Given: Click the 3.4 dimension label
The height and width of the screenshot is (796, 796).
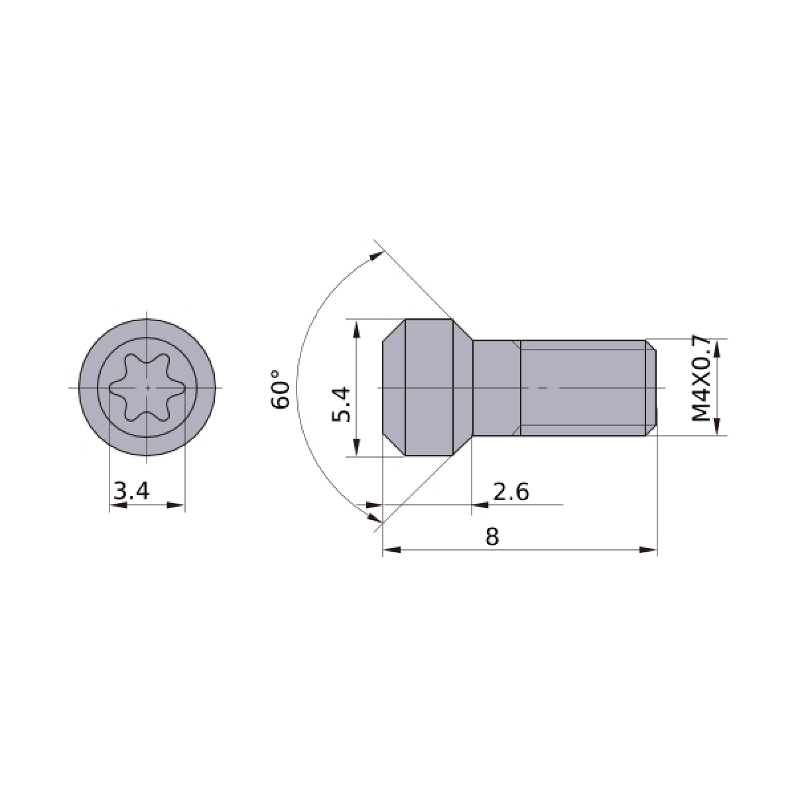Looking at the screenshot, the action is tap(131, 491).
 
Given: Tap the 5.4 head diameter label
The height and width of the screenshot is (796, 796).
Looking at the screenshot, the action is tap(341, 404).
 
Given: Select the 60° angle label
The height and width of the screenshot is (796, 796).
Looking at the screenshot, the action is tap(281, 389).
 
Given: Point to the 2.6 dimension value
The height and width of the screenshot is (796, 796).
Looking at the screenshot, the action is tap(511, 492).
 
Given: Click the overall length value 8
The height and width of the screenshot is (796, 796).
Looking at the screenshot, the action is tap(492, 537).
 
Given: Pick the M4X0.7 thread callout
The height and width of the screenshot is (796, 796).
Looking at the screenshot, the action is tap(701, 378).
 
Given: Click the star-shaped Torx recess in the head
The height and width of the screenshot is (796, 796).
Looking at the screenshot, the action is tap(147, 387).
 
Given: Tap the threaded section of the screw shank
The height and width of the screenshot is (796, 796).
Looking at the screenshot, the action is tap(582, 387).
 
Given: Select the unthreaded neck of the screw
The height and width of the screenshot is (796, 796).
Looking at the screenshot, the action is tap(496, 387).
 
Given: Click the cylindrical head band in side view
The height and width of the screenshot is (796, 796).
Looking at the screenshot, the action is tap(429, 387).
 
